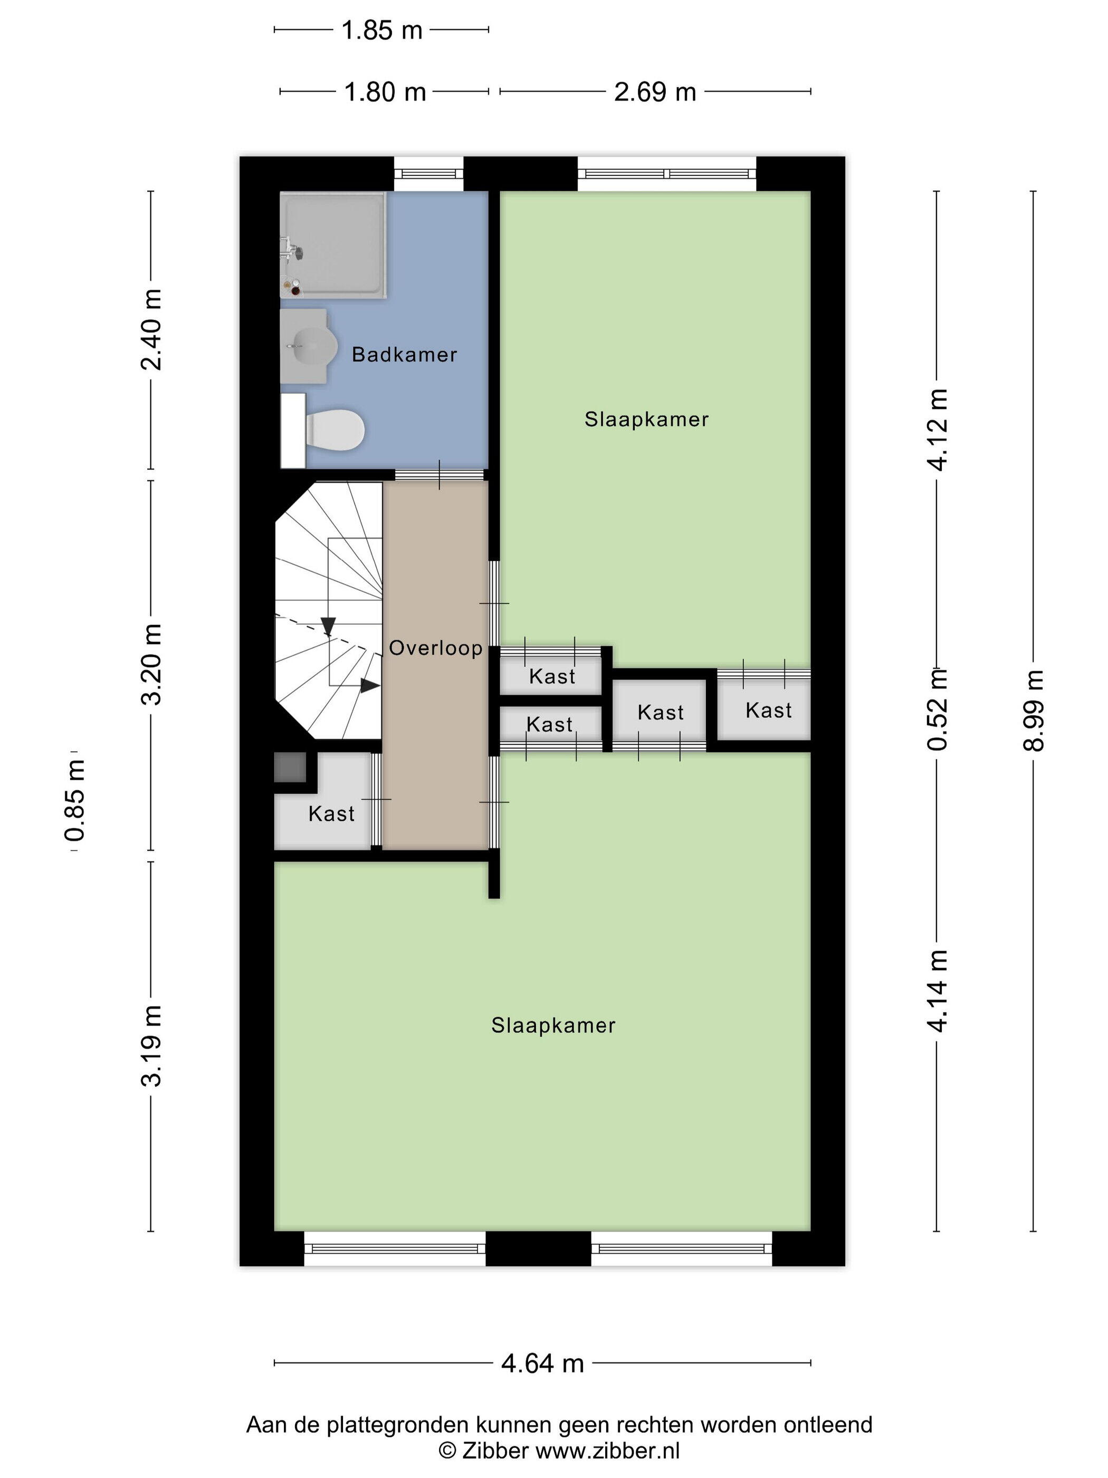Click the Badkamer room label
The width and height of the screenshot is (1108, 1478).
click(x=404, y=354)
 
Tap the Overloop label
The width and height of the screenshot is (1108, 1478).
click(x=435, y=648)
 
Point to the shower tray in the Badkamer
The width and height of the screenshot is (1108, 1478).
click(x=332, y=244)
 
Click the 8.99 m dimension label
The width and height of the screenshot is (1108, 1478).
click(x=1033, y=710)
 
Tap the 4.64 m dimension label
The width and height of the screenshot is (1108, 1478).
click(x=542, y=1362)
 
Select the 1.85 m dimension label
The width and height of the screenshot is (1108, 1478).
click(x=381, y=30)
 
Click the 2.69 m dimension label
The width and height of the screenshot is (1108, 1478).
click(x=655, y=91)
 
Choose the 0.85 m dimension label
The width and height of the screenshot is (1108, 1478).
click(x=75, y=800)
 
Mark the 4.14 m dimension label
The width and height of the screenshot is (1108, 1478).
click(x=938, y=991)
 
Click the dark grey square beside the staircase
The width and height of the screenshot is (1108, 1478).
click(x=290, y=767)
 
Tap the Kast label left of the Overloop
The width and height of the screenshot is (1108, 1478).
click(x=331, y=813)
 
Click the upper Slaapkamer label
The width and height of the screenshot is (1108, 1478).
click(x=646, y=419)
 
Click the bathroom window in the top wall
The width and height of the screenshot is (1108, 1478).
click(x=428, y=174)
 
